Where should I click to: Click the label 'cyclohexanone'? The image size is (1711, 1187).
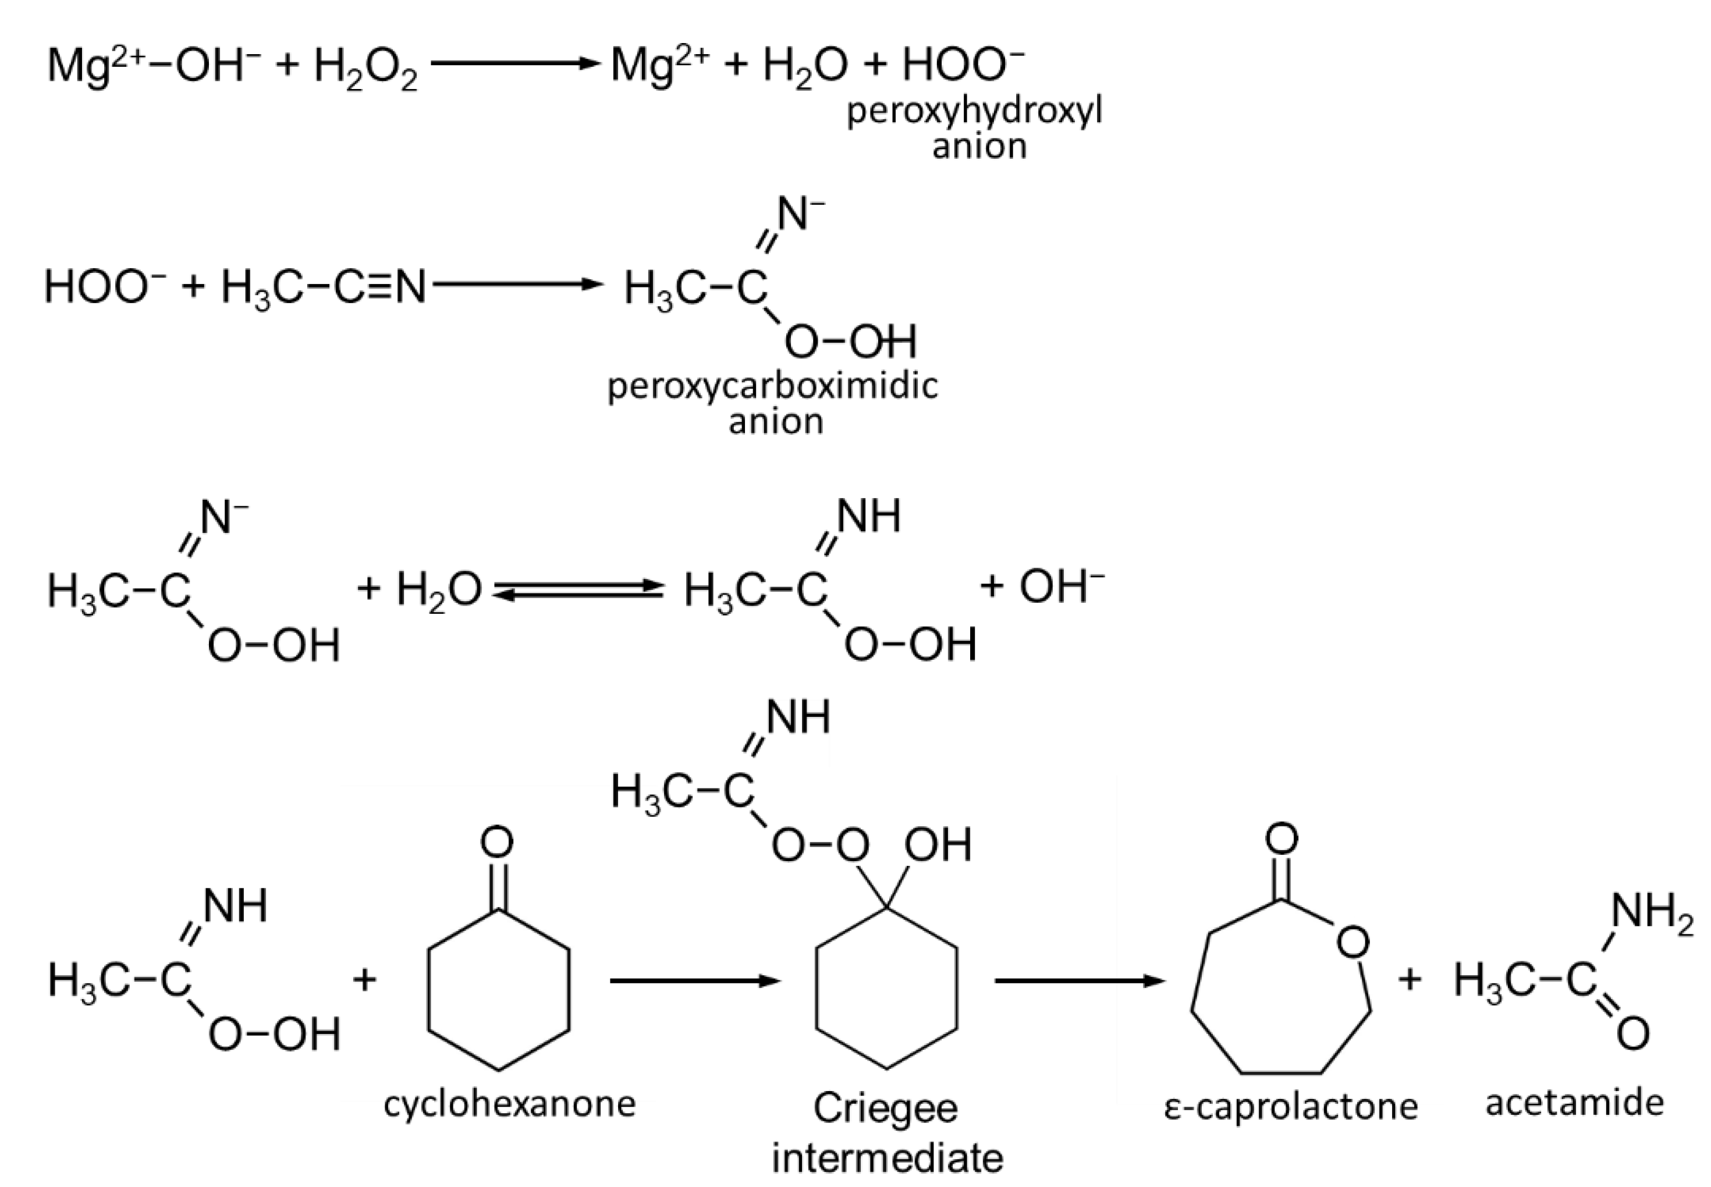pyautogui.click(x=510, y=1104)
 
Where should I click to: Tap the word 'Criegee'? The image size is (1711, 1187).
pyautogui.click(x=885, y=1108)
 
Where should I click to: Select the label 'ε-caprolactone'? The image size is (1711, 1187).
pyautogui.click(x=1291, y=1106)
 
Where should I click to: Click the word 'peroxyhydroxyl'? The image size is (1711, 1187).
pyautogui.click(x=975, y=112)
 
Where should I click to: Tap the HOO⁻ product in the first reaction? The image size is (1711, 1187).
pyautogui.click(x=963, y=65)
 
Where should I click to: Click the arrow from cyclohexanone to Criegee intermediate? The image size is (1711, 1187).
pyautogui.click(x=695, y=981)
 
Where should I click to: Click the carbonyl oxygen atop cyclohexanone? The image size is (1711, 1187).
pyautogui.click(x=497, y=843)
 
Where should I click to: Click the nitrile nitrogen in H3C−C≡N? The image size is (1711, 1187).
pyautogui.click(x=410, y=286)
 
